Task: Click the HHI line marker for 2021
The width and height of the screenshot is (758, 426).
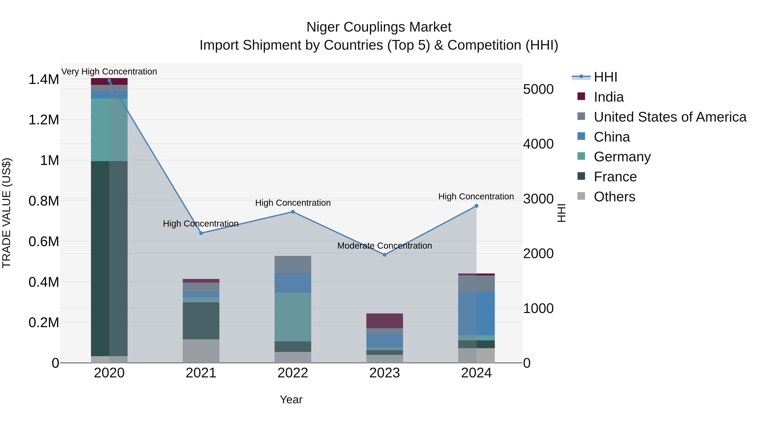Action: (x=201, y=233)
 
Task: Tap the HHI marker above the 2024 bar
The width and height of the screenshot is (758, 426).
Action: (x=476, y=206)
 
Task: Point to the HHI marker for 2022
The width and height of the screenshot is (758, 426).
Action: (x=293, y=212)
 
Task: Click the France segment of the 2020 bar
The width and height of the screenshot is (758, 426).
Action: (x=109, y=259)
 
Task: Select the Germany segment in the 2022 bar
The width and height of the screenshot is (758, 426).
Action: (x=293, y=317)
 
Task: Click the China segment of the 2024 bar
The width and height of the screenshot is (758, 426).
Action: (x=476, y=313)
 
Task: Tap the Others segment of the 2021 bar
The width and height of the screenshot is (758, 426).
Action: (x=201, y=351)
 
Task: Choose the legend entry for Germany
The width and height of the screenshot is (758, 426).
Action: (x=622, y=157)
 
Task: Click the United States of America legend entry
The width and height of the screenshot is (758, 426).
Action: (x=670, y=117)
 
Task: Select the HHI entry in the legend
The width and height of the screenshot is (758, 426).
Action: (x=605, y=77)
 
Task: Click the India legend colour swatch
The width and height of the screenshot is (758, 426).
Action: (x=581, y=96)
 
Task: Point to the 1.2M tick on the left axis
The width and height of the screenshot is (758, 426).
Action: (x=44, y=120)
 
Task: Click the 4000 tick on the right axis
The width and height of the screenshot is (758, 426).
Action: (x=538, y=144)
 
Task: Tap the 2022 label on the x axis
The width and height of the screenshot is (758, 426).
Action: (x=293, y=373)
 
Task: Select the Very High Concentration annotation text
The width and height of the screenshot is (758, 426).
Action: (x=109, y=72)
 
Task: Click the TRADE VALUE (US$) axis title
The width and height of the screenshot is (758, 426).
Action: (x=7, y=213)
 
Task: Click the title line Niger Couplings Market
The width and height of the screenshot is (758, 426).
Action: (x=379, y=27)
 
